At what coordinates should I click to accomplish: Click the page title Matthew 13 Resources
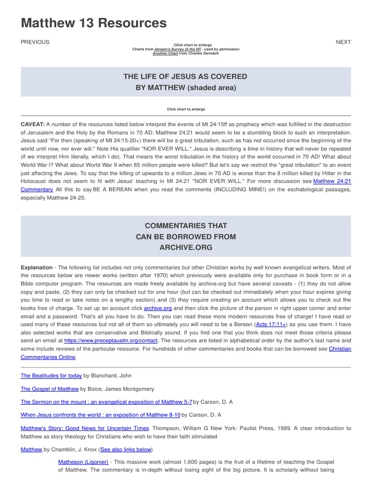click(x=93, y=23)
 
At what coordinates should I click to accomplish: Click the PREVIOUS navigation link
click(x=35, y=42)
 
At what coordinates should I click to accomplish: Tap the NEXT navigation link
click(x=343, y=42)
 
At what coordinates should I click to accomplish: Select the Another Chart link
click(x=165, y=53)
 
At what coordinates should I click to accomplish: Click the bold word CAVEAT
click(x=32, y=124)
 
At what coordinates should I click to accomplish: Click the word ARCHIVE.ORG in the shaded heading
click(x=186, y=248)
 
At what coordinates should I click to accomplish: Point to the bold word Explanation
click(x=36, y=267)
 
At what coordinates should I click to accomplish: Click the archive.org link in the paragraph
click(x=158, y=308)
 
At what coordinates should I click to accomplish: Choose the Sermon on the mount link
click(x=106, y=402)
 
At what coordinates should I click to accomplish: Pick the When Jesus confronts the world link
click(x=100, y=415)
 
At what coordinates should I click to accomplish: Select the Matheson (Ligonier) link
click(x=83, y=462)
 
